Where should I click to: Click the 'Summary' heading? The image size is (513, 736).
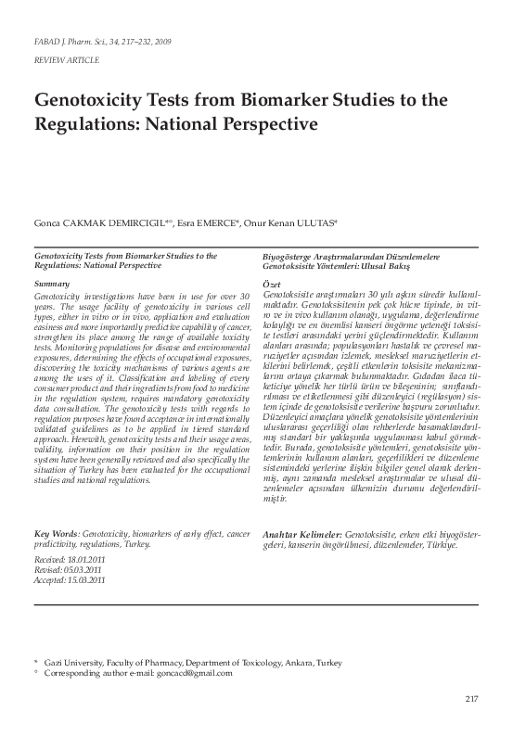click(x=52, y=282)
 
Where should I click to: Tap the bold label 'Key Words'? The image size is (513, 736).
click(x=57, y=536)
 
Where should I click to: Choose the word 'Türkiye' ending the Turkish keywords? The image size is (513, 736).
click(x=414, y=545)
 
